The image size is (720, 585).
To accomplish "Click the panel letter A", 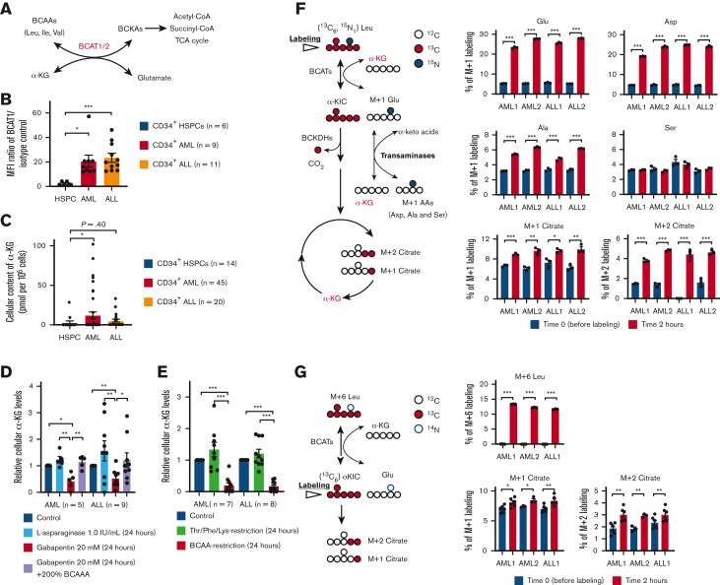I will [7, 8].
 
